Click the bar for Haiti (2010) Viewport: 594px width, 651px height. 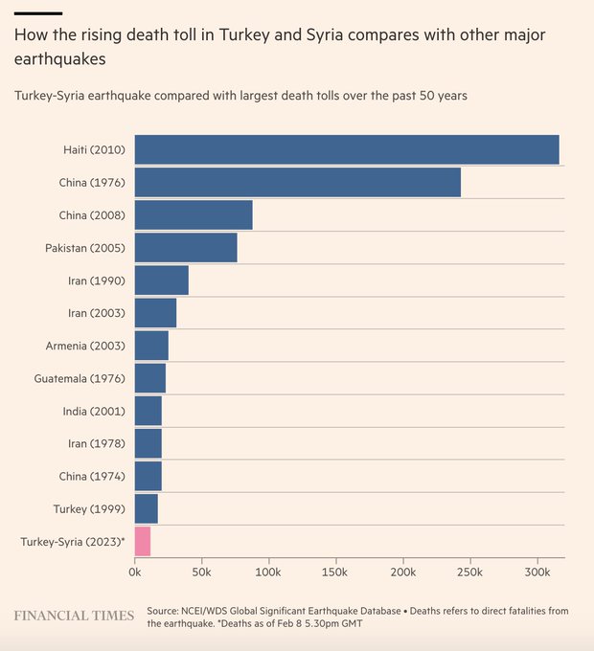click(x=346, y=150)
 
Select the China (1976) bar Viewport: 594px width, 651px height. click(x=297, y=183)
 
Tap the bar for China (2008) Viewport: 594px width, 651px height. click(x=194, y=215)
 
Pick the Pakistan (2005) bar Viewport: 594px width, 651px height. click(x=186, y=248)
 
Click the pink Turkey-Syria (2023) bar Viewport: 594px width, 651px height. click(x=143, y=541)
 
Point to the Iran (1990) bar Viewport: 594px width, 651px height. click(x=162, y=281)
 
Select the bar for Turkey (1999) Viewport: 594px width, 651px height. click(x=147, y=508)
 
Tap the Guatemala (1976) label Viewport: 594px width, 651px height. click(x=79, y=378)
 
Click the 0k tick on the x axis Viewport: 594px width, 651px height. click(x=135, y=572)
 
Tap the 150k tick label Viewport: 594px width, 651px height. click(x=335, y=572)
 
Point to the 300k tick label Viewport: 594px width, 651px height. click(x=537, y=572)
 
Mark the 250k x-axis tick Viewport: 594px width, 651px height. click(x=469, y=572)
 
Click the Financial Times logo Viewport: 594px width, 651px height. click(x=74, y=615)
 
